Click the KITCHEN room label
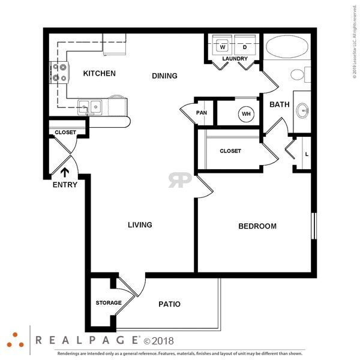[x=99, y=73]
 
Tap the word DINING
[x=164, y=76]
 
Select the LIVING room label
[x=140, y=225]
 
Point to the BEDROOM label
[x=257, y=226]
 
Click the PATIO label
[x=169, y=304]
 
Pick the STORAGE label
[x=109, y=303]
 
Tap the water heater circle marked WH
[x=246, y=114]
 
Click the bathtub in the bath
[x=287, y=46]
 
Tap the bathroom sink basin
[x=302, y=111]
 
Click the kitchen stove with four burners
[x=59, y=73]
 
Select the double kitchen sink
[x=90, y=107]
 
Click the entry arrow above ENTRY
[x=65, y=172]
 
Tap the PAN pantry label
[x=202, y=113]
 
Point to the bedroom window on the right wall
[x=314, y=226]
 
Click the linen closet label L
[x=307, y=155]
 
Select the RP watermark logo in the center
[x=180, y=180]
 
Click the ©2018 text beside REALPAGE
[x=158, y=341]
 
